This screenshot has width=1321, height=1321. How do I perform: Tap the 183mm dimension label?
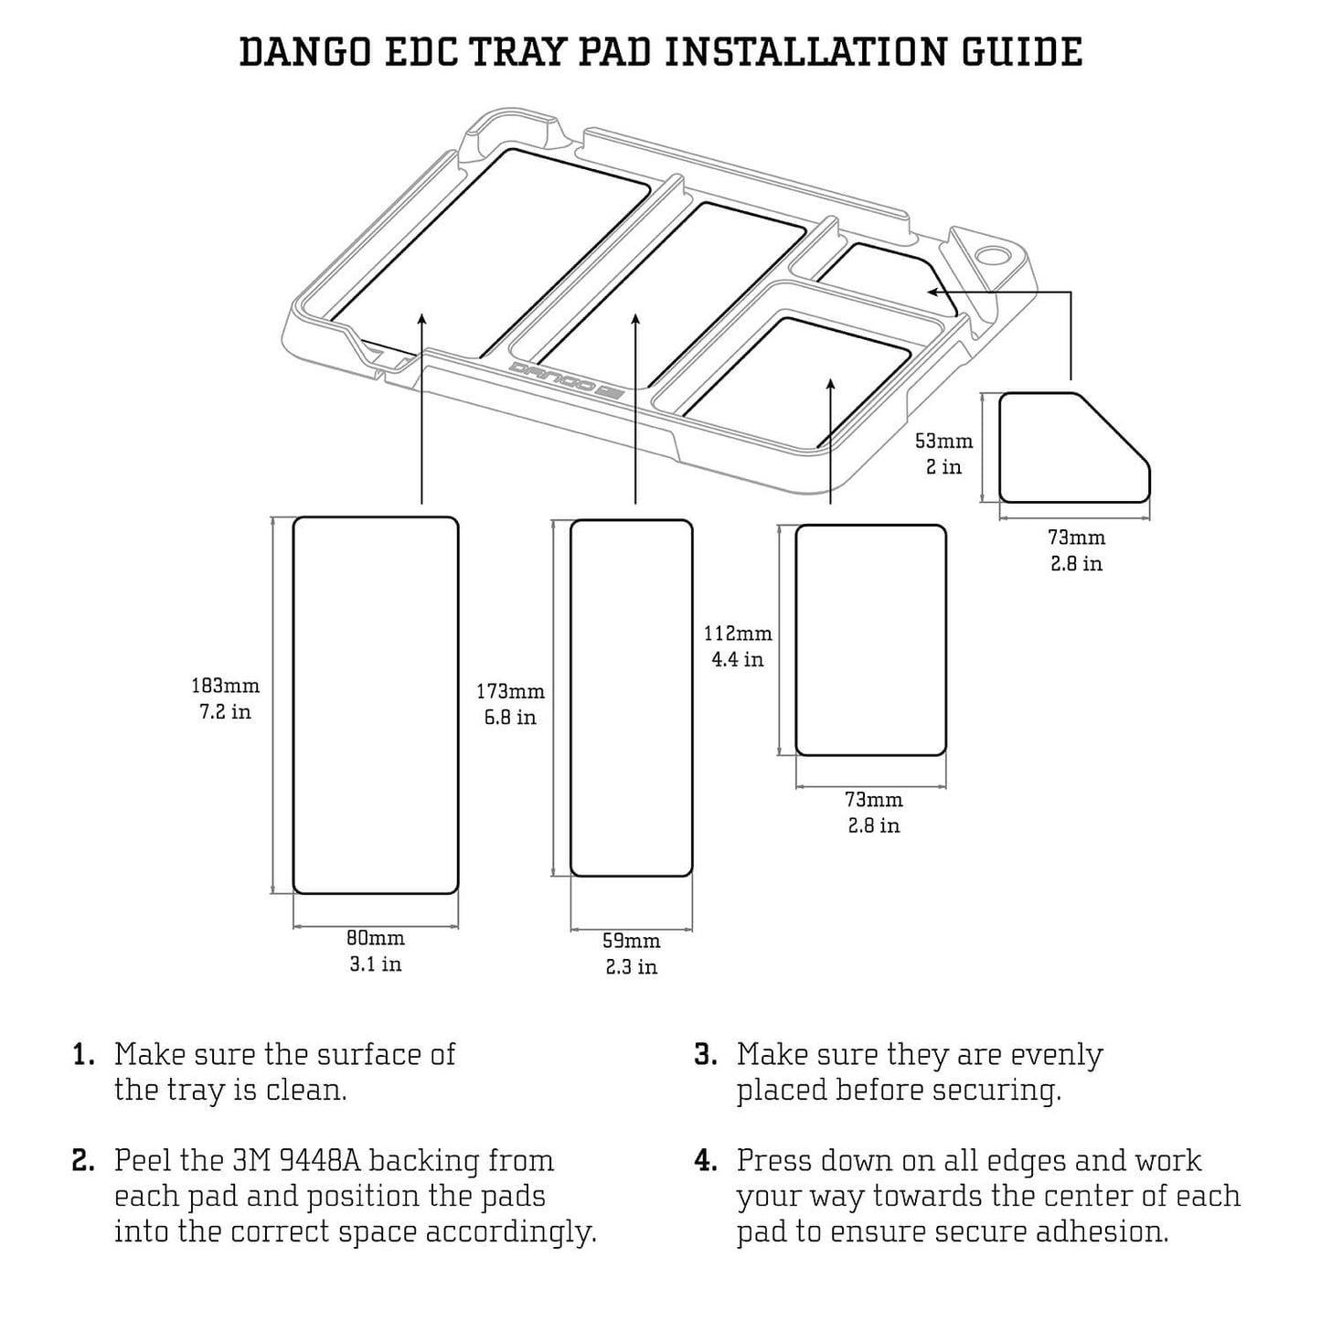coord(225,686)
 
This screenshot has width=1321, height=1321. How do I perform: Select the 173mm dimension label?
coord(510,692)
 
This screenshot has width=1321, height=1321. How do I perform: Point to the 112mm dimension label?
coord(738,633)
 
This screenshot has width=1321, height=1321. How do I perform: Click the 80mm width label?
coord(376,938)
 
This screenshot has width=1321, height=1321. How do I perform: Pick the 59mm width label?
coord(631,941)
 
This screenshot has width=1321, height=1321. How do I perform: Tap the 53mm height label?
coord(944,441)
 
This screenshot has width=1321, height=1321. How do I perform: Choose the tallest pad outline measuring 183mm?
coord(375,705)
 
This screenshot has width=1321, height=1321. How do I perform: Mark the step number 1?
coord(83,1055)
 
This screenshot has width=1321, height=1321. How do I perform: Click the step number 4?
coord(705,1161)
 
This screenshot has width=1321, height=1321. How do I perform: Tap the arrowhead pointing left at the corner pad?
coord(933,292)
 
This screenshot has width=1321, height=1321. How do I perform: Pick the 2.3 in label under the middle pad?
coord(631,966)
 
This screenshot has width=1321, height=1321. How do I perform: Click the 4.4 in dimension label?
coord(738,659)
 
